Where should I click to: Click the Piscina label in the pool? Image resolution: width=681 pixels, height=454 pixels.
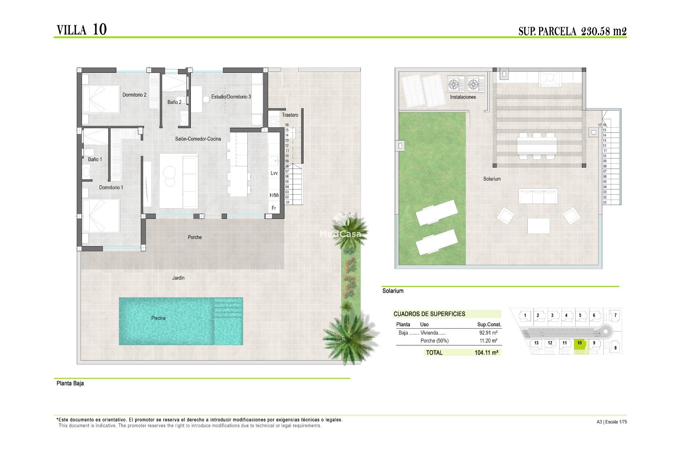click(x=158, y=318)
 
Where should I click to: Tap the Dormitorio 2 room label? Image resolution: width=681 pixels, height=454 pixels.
click(x=134, y=95)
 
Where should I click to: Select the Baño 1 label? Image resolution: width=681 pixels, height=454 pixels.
click(x=95, y=159)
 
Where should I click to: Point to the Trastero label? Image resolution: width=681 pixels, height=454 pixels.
click(x=290, y=115)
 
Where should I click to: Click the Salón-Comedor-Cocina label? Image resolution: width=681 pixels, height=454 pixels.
click(x=198, y=139)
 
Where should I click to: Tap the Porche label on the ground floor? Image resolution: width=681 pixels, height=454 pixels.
click(x=195, y=237)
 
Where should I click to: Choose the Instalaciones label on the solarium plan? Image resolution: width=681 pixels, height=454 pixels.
click(x=463, y=97)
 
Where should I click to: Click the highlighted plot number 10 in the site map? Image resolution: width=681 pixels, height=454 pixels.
click(x=580, y=343)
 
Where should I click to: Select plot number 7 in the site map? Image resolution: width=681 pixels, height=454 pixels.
click(x=615, y=315)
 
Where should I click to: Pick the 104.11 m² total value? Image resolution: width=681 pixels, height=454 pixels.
click(x=486, y=353)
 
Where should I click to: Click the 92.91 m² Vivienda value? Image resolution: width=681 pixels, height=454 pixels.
click(x=488, y=333)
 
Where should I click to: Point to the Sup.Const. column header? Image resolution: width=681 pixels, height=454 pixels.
click(x=489, y=325)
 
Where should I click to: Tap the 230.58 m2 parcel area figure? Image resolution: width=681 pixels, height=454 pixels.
click(x=604, y=31)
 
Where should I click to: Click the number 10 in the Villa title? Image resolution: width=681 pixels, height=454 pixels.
click(x=100, y=29)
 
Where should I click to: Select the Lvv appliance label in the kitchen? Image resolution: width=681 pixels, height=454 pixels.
click(x=274, y=173)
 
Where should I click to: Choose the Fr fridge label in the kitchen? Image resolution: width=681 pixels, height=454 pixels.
click(x=274, y=208)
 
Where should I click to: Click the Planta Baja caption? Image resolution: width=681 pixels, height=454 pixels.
click(x=70, y=383)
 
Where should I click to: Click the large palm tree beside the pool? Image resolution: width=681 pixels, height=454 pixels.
click(x=349, y=337)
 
